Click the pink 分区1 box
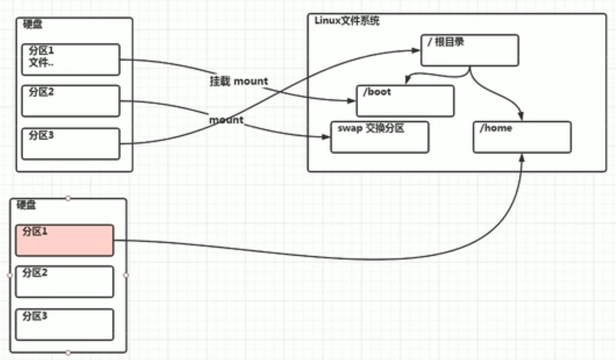coord(65,240)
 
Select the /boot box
coord(405,101)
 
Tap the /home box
coord(522,137)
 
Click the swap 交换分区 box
coord(380,137)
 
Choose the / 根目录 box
coord(469,50)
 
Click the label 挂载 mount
coord(239,81)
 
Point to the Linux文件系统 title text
coord(347,21)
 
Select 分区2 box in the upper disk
coord(71,101)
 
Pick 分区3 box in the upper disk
coord(71,144)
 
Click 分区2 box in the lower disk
coord(65,282)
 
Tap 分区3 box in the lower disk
coord(65,325)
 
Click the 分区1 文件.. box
coord(71,59)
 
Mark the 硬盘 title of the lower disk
coord(26,205)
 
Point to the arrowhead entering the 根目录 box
coord(417,50)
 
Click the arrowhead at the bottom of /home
coord(522,157)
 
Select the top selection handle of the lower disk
coord(68,198)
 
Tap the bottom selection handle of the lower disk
coord(68,353)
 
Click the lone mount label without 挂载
coord(226,120)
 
